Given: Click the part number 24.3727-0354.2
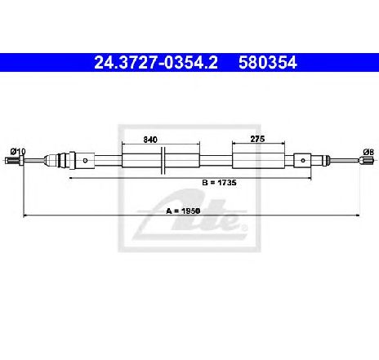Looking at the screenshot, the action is pos(156,63).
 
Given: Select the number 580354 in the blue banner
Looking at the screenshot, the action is pos(268,63).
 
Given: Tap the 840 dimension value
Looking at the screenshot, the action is pos(150,140).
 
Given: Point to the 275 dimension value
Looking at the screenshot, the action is pos(257,139).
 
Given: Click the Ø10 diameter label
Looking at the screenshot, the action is pos(18,151).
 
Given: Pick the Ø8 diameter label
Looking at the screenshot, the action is pos(368,152).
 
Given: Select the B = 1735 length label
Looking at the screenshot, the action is pos(219,183).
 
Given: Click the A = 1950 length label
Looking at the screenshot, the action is pos(183,211).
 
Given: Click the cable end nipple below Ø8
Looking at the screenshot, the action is pos(368,161).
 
